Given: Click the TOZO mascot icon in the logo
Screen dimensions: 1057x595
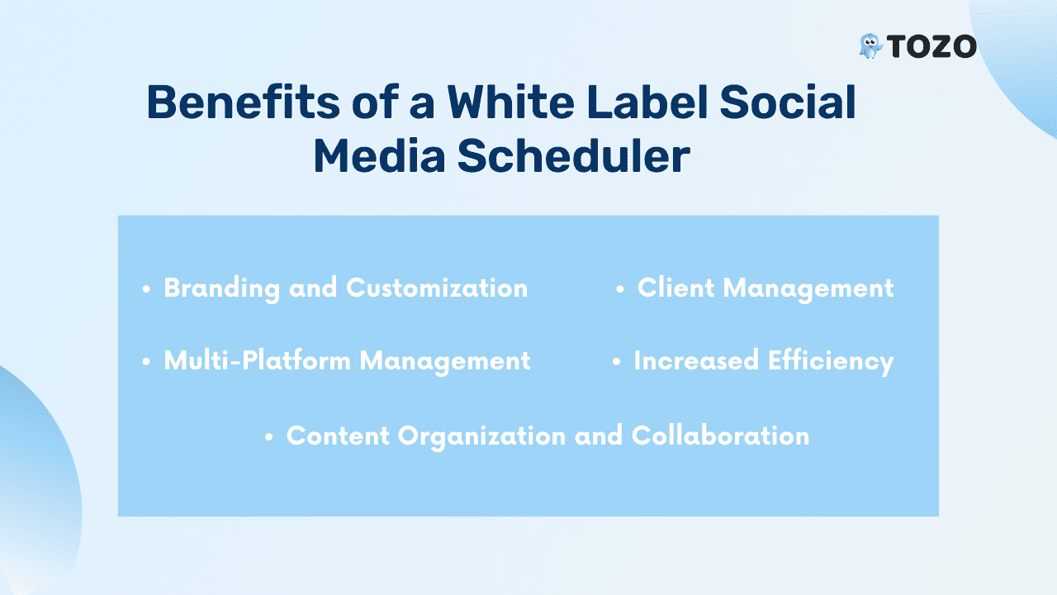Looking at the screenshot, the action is click(x=870, y=46).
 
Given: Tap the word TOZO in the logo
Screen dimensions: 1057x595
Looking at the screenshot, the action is click(x=931, y=47).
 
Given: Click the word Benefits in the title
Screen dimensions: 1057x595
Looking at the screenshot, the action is click(x=243, y=102).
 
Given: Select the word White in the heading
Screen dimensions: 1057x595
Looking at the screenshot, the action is click(x=510, y=102).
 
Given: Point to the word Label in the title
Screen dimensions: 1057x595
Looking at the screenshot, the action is click(x=647, y=102).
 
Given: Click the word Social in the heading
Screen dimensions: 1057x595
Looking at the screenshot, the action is click(x=788, y=102).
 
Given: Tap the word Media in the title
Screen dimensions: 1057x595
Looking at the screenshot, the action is click(x=379, y=155).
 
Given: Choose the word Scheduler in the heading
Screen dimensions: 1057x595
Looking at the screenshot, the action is click(x=574, y=155).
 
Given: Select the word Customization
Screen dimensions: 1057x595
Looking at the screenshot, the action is click(x=437, y=288).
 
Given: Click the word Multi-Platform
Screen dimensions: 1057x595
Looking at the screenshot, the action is click(x=257, y=360).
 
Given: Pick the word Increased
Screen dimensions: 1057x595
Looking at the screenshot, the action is click(x=696, y=360).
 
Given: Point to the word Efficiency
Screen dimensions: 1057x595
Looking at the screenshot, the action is click(x=831, y=362).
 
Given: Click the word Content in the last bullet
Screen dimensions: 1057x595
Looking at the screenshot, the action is click(x=338, y=436).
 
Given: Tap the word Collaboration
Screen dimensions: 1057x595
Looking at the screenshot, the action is click(x=721, y=435).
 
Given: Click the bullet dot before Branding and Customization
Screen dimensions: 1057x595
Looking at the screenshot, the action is click(x=146, y=289).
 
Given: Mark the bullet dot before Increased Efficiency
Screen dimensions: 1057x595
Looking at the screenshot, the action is click(x=616, y=362).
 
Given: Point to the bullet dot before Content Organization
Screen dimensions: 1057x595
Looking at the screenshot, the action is click(x=269, y=437).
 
